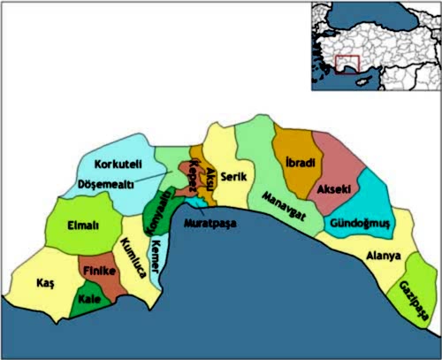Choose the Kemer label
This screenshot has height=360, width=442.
(156, 257)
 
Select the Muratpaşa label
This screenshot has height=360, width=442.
(209, 224)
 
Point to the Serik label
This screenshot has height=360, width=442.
(232, 176)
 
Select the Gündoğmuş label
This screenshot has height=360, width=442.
(360, 224)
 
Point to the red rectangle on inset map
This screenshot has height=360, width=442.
(347, 65)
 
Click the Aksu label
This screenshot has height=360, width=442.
(210, 180)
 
